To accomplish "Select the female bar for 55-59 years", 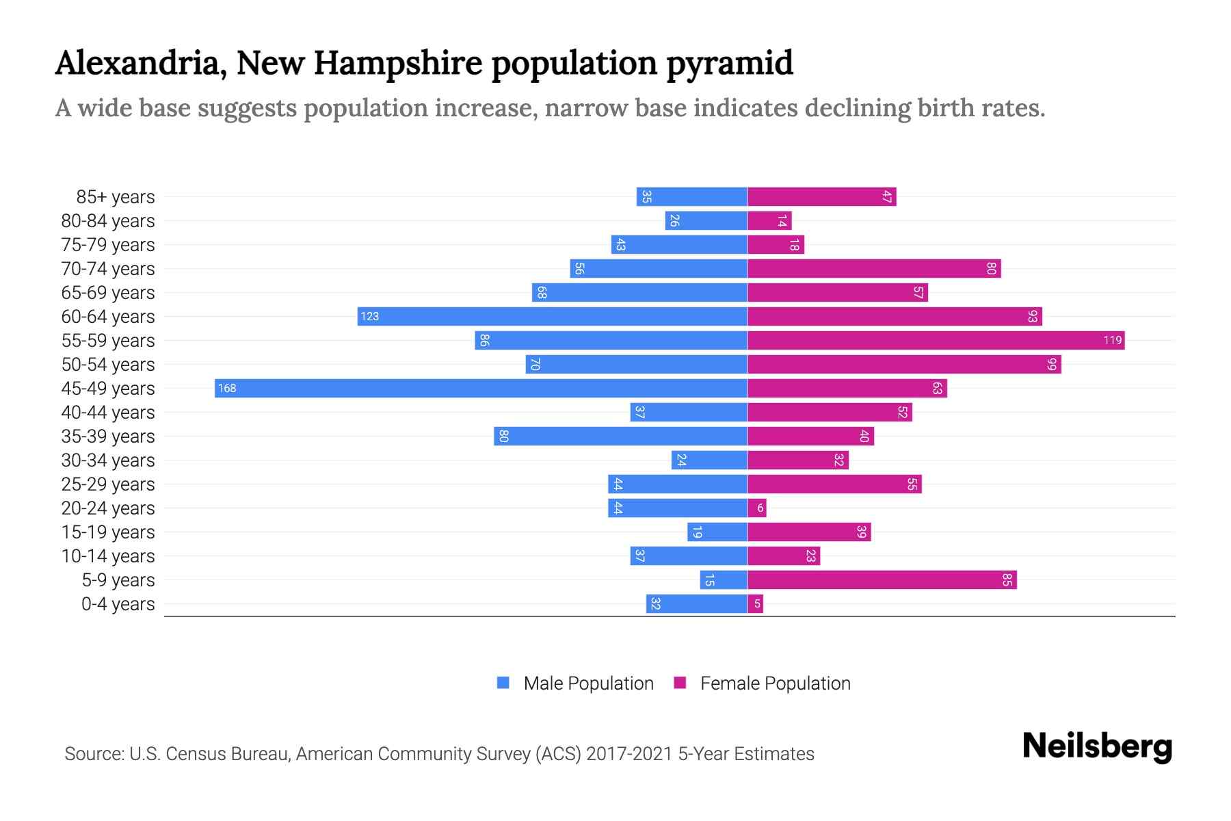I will pyautogui.click(x=936, y=340).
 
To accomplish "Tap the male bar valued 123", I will pyautogui.click(x=552, y=316).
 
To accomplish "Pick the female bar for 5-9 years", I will pyautogui.click(x=882, y=579).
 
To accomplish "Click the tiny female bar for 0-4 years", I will pyautogui.click(x=755, y=603).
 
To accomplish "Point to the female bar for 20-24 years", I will pyautogui.click(x=756, y=508).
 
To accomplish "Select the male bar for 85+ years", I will pyautogui.click(x=691, y=196).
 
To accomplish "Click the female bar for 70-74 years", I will pyautogui.click(x=874, y=268).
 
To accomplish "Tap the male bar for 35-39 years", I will pyautogui.click(x=620, y=436).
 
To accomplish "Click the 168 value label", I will pyautogui.click(x=226, y=389).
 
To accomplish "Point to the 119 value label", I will pyautogui.click(x=1112, y=340).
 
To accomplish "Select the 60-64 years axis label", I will pyautogui.click(x=108, y=317).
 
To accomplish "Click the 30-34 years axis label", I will pyautogui.click(x=108, y=460).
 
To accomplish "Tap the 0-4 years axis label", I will pyautogui.click(x=118, y=604).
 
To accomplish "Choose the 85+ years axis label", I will pyautogui.click(x=115, y=197).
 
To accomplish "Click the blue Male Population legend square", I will pyautogui.click(x=503, y=683).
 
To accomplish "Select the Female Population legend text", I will pyautogui.click(x=775, y=683).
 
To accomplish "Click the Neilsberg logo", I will pyautogui.click(x=1097, y=746).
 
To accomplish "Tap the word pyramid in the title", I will pyautogui.click(x=729, y=63).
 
